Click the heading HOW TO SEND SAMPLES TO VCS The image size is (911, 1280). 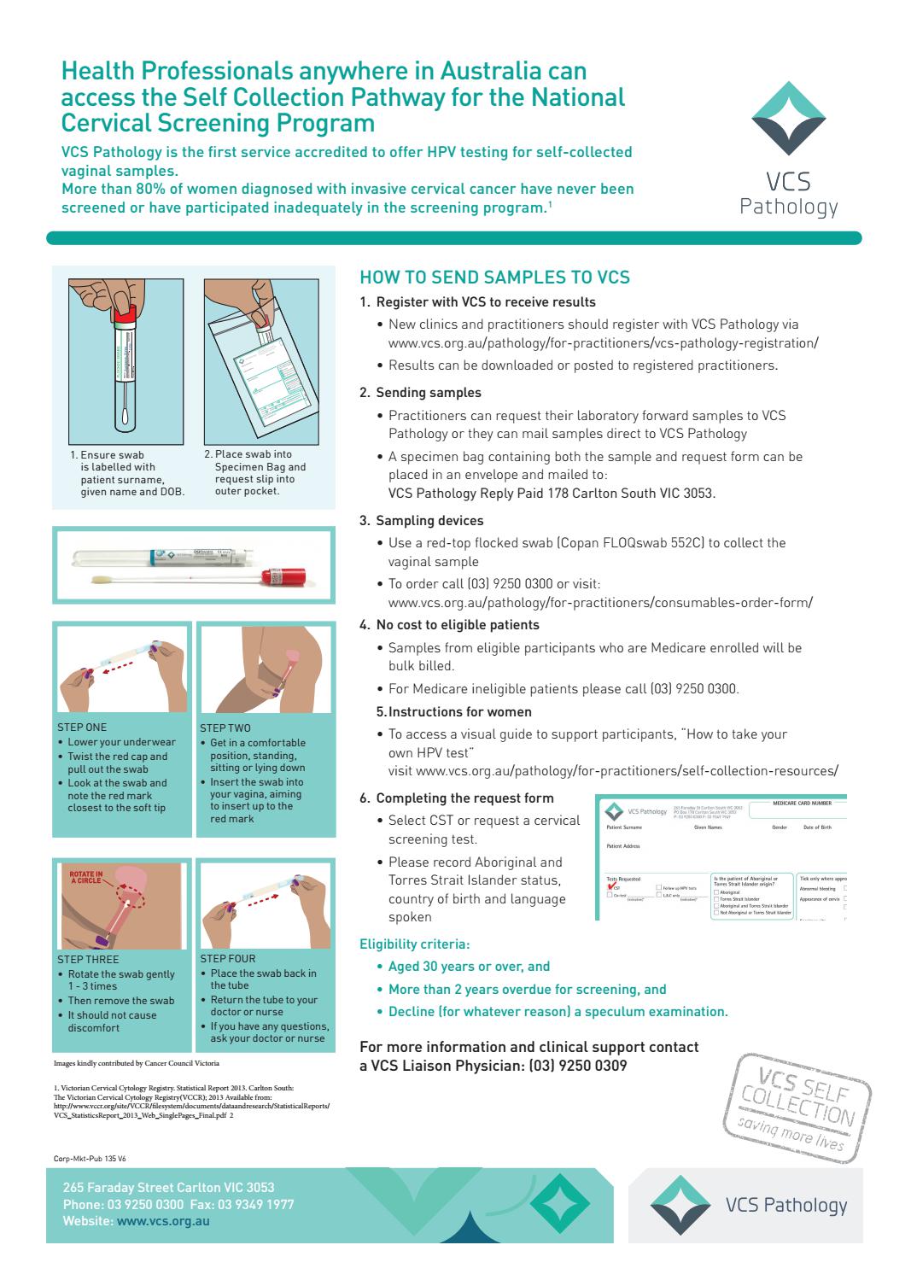tap(494, 277)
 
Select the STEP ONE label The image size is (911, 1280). tap(82, 728)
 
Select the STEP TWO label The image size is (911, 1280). tap(225, 728)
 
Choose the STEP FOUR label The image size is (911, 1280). tap(227, 958)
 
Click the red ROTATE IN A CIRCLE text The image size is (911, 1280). tap(86, 879)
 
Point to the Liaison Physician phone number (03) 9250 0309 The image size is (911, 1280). tap(577, 1066)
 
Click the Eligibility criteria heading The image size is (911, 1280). tap(414, 944)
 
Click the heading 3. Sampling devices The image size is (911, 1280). tap(429, 521)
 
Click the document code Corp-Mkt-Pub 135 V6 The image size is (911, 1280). tap(89, 1159)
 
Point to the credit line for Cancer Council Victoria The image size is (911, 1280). tap(136, 1063)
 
